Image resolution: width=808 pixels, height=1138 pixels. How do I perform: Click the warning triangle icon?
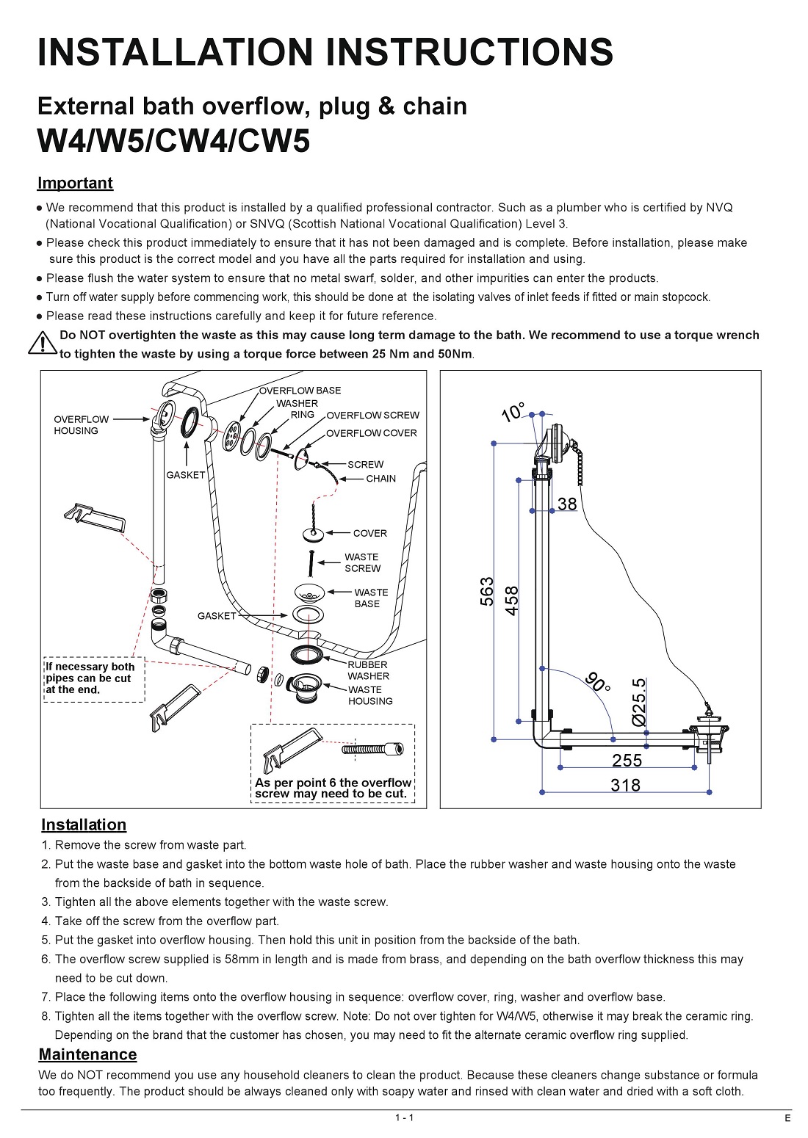click(43, 343)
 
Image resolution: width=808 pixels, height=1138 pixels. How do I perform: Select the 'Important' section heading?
click(75, 183)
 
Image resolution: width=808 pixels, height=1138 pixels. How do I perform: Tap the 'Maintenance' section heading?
click(87, 1054)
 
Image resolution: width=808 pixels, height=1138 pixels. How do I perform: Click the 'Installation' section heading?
click(84, 824)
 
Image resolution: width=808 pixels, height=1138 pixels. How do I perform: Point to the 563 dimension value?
click(487, 592)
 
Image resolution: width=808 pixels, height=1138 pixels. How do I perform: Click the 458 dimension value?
click(512, 600)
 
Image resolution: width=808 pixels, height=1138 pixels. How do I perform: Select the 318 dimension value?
click(625, 785)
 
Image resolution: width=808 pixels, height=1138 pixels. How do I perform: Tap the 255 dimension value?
click(627, 761)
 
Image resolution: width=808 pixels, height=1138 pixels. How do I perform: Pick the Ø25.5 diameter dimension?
click(639, 702)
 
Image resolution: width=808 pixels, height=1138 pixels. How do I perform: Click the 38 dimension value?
click(567, 504)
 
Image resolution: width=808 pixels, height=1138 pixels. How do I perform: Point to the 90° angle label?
click(598, 682)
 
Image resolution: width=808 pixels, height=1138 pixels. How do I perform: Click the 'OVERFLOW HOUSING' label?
click(81, 425)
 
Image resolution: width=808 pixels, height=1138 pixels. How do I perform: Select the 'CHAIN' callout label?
click(380, 479)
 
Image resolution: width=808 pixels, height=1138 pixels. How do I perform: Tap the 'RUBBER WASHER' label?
click(368, 670)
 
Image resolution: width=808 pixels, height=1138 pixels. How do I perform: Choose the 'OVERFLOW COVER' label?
click(371, 433)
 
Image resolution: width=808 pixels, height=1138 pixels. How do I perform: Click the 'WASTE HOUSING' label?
click(370, 695)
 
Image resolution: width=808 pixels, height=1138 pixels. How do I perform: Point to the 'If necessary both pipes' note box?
click(94, 678)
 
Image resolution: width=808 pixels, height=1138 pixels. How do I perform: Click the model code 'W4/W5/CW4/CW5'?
click(173, 141)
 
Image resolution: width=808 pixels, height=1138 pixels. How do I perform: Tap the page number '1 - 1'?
click(404, 1117)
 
